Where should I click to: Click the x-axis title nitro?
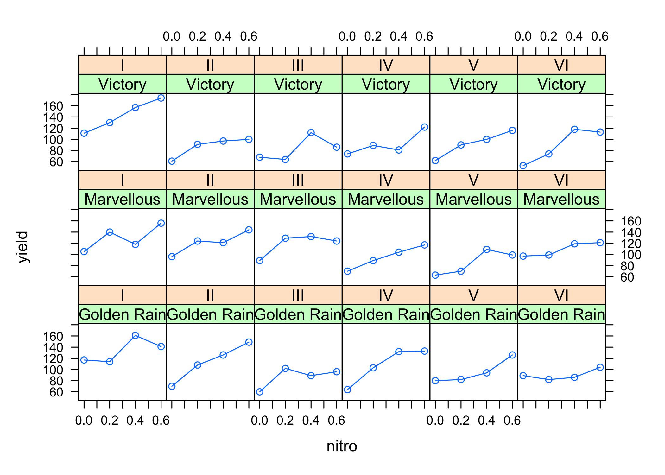point(342,446)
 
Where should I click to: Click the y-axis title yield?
point(23,247)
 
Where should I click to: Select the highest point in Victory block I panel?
point(161,98)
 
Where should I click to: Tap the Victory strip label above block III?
point(298,84)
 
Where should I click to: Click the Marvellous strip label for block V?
point(473,199)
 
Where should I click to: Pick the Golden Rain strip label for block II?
point(210,314)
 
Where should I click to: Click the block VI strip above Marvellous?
point(561,180)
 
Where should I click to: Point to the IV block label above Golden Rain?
point(386,295)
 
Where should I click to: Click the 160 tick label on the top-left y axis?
point(53,106)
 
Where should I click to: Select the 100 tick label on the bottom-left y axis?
point(53,370)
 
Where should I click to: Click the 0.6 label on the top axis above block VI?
point(600,36)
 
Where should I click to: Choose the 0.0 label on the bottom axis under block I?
point(84,421)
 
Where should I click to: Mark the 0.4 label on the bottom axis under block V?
point(486,421)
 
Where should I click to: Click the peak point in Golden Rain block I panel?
point(135,335)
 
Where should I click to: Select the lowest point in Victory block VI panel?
point(523,166)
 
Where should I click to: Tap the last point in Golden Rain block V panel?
point(512,355)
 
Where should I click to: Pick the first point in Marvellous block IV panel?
point(347,271)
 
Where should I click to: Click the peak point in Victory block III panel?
point(311,132)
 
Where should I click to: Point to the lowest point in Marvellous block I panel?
point(84,251)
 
